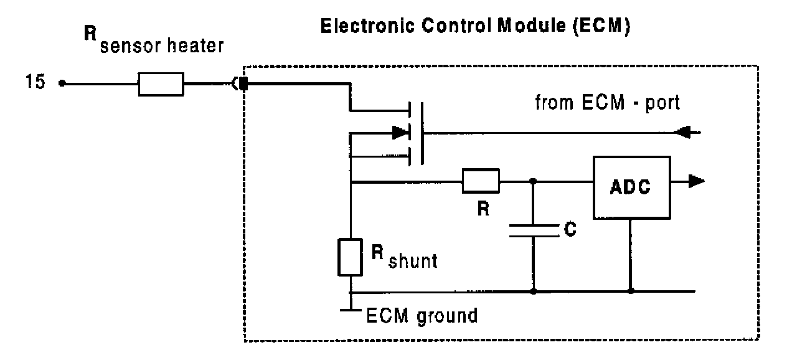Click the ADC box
tap(632, 187)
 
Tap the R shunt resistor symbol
tap(350, 256)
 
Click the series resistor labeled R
tap(481, 181)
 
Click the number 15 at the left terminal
tap(35, 83)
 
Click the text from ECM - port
tap(608, 103)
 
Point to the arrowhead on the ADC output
tap(696, 181)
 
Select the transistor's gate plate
tap(423, 133)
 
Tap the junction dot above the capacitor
tap(533, 181)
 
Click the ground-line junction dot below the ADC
tap(631, 291)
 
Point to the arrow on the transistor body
tap(400, 132)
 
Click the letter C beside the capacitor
tap(569, 230)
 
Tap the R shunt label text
tap(404, 256)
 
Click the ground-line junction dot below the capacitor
tap(533, 291)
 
